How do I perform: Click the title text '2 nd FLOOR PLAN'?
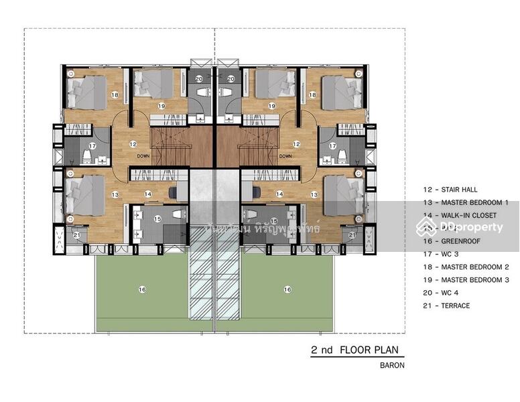pos(358,350)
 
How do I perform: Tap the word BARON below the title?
pos(393,366)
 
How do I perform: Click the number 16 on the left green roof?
pos(142,289)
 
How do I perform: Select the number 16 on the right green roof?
pos(287,289)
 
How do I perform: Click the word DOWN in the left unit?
pos(143,156)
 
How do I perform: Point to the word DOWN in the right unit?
pos(286,156)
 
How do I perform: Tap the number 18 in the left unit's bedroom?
pos(115,96)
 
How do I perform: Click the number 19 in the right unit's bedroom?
pos(271,106)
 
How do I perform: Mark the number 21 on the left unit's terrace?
pos(76,234)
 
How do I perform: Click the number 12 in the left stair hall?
pos(133,143)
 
